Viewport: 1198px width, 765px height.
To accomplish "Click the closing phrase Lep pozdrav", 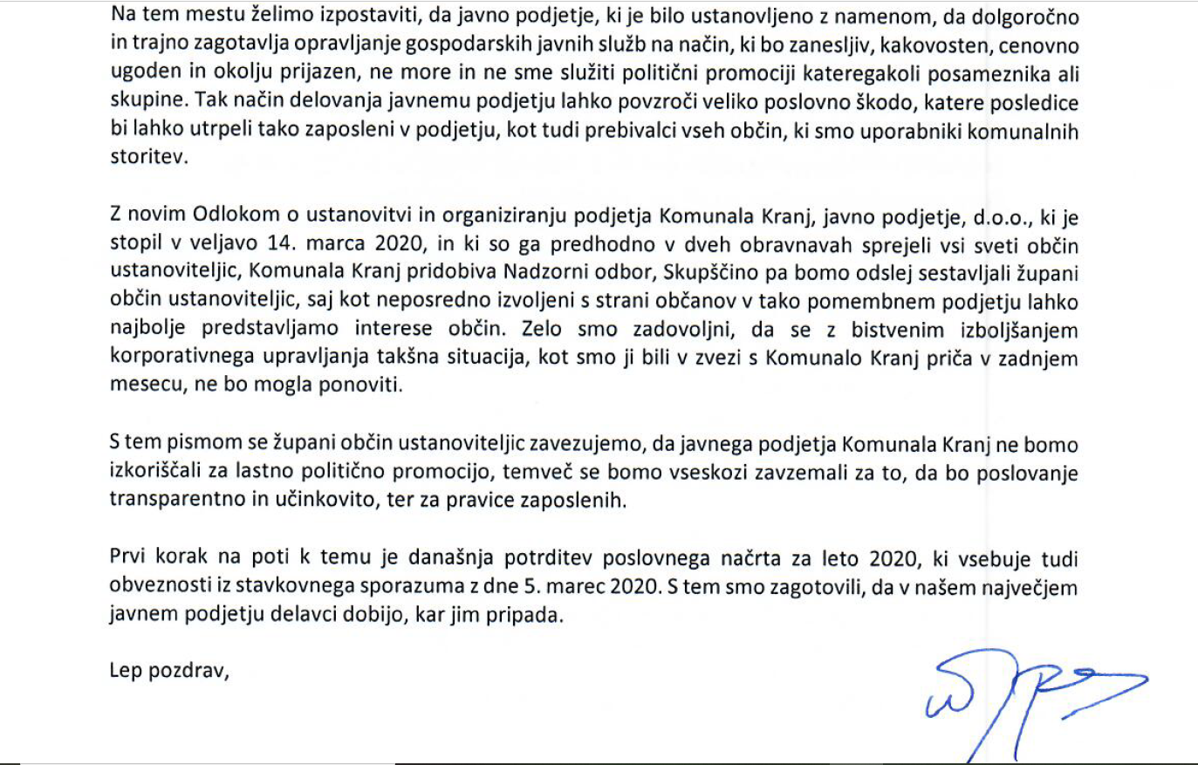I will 168,671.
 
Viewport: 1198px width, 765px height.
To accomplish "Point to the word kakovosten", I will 934,45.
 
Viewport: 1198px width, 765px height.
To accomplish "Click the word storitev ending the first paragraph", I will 147,159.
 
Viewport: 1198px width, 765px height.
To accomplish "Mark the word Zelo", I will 542,330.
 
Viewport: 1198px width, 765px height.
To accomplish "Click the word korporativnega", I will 181,358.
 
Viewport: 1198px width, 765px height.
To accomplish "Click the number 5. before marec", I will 531,586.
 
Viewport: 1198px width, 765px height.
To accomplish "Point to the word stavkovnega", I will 287,586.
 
